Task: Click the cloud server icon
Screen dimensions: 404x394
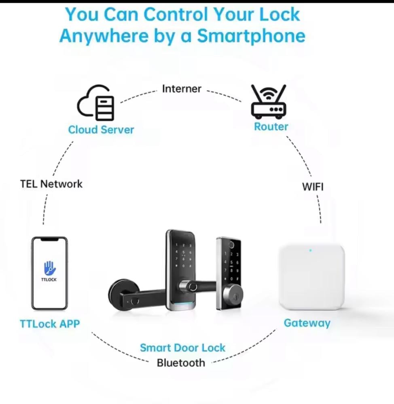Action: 96,104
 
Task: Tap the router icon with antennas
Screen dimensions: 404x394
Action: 269,101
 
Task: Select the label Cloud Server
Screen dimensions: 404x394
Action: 101,130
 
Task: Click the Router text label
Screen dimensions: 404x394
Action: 271,126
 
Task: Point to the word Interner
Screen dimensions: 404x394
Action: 182,89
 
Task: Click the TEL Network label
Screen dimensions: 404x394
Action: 51,184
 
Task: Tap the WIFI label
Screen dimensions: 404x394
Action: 313,187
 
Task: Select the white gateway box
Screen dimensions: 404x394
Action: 311,277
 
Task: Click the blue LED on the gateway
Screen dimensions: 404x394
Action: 310,250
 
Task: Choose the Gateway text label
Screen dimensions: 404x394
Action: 307,323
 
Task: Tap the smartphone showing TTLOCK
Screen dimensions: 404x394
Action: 49,274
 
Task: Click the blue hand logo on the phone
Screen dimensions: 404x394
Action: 49,268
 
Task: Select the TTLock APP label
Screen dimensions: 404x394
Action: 50,324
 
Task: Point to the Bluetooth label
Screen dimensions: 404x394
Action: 181,362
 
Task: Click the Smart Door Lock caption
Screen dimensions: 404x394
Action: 182,348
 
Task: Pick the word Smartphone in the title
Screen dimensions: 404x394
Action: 251,36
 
